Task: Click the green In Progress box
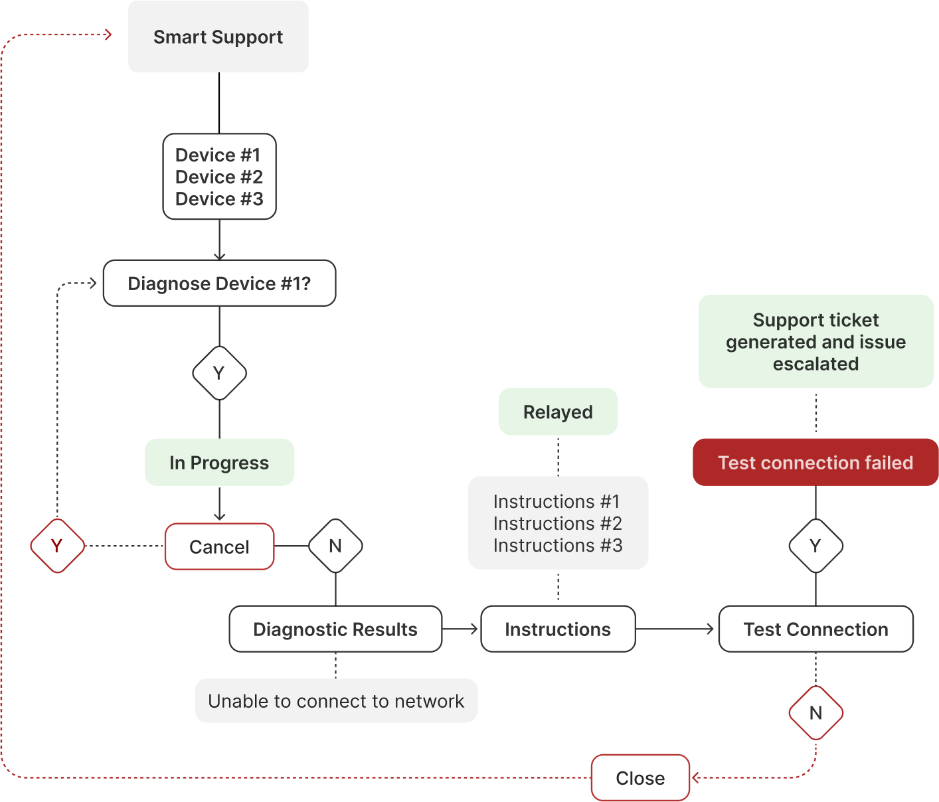(219, 462)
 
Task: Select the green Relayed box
(558, 412)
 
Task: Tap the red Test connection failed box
(815, 462)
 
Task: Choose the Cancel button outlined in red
(219, 546)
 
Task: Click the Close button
(640, 777)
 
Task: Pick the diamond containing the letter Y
(57, 546)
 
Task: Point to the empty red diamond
(815, 712)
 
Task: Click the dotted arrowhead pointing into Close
(695, 777)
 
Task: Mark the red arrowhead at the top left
(108, 35)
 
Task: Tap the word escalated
(815, 364)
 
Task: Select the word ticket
(853, 320)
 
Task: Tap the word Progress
(229, 463)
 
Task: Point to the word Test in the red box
(736, 463)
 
